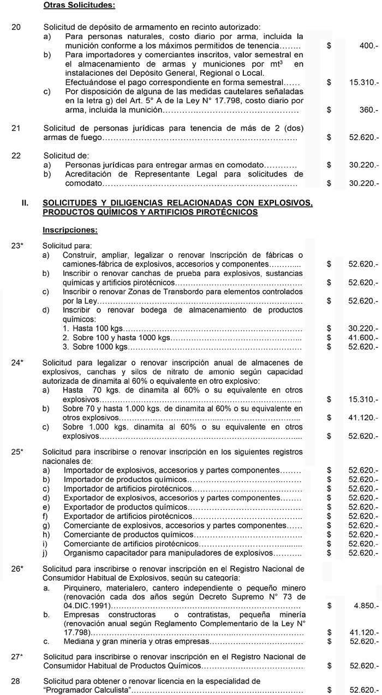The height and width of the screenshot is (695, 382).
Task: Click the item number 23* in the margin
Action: (17, 246)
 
